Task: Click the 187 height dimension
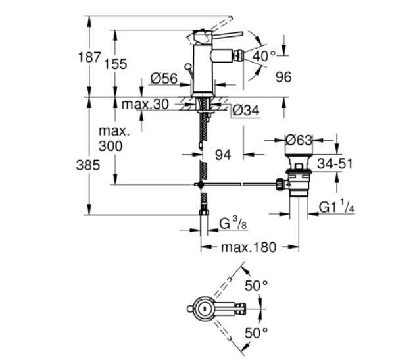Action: click(89, 57)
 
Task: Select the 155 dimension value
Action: click(114, 64)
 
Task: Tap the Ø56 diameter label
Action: click(164, 78)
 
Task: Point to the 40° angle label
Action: click(263, 57)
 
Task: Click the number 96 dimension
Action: click(283, 78)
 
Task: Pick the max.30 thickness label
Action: click(145, 104)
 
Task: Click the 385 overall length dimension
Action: click(87, 165)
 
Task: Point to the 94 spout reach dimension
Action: click(224, 155)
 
